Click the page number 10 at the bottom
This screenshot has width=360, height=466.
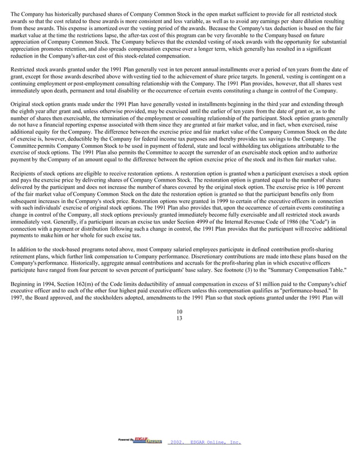(179, 311)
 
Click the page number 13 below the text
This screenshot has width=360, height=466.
(179, 318)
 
